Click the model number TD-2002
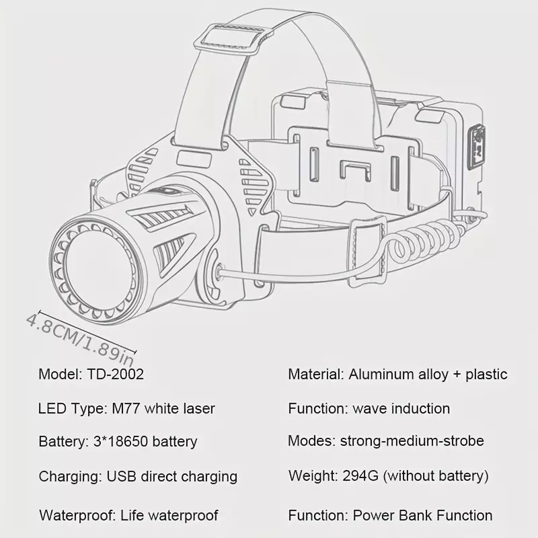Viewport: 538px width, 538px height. [x=115, y=374]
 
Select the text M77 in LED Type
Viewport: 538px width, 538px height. [x=126, y=409]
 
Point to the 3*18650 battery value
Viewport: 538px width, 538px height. [x=145, y=442]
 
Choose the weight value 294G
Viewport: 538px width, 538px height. [x=360, y=475]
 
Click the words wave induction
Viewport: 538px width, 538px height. [x=401, y=409]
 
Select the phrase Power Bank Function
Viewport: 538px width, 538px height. [x=423, y=515]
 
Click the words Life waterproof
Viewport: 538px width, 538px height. [x=169, y=515]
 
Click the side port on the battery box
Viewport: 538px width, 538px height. [x=477, y=147]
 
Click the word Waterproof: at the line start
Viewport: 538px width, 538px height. [x=77, y=515]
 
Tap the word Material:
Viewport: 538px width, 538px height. [x=315, y=374]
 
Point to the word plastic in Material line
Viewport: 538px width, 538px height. [x=486, y=375]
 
